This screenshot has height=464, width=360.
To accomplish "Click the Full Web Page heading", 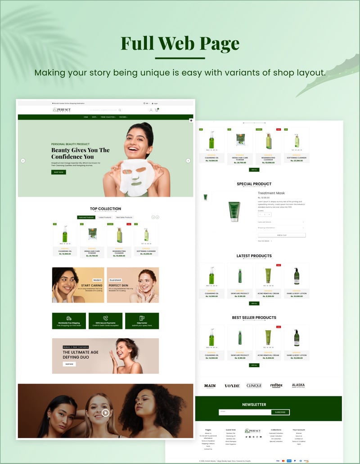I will pyautogui.click(x=180, y=44).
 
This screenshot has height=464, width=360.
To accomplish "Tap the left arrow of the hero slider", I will pyautogui.click(x=23, y=161).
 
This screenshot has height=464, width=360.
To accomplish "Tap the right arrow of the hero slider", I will pyautogui.click(x=188, y=161).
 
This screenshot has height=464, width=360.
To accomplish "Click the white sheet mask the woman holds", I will pyautogui.click(x=136, y=176).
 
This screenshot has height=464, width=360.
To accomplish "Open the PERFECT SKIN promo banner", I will pyautogui.click(x=133, y=285).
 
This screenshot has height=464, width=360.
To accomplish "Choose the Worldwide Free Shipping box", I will pyautogui.click(x=69, y=321).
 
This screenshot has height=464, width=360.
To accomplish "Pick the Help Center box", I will pyautogui.click(x=142, y=321).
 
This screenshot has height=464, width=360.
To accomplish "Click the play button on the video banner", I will pyautogui.click(x=105, y=412).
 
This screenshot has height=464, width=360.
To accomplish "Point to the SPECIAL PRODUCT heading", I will pyautogui.click(x=254, y=184).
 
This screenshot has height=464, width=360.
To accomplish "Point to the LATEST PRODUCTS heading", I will pyautogui.click(x=254, y=256).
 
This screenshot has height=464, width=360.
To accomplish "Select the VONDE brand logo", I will pyautogui.click(x=232, y=386).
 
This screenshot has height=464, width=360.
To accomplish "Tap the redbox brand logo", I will pyautogui.click(x=276, y=386).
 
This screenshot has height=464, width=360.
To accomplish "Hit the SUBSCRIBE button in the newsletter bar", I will pyautogui.click(x=280, y=412).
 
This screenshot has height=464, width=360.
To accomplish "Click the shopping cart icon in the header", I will pyautogui.click(x=157, y=110).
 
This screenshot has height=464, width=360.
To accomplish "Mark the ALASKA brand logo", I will pyautogui.click(x=298, y=386).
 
